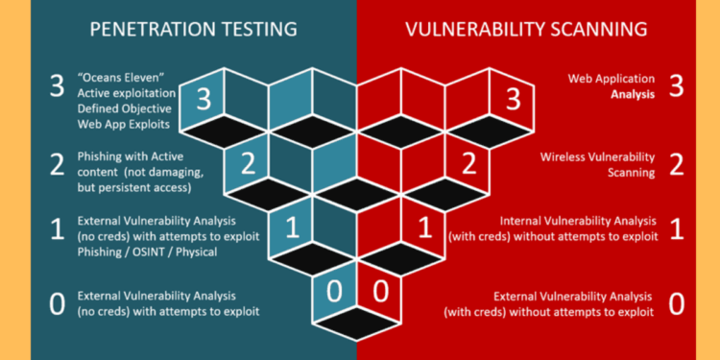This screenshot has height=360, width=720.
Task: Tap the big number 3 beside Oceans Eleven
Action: [57, 85]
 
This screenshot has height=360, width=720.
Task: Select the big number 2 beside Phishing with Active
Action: [57, 164]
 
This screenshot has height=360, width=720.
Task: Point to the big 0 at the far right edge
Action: [676, 303]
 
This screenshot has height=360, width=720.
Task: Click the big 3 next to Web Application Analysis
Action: [676, 85]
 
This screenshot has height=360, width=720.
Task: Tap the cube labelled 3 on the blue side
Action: [204, 97]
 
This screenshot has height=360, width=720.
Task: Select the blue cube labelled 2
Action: [248, 162]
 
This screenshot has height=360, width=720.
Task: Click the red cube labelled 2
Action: [468, 162]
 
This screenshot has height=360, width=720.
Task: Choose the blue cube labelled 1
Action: [292, 228]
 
